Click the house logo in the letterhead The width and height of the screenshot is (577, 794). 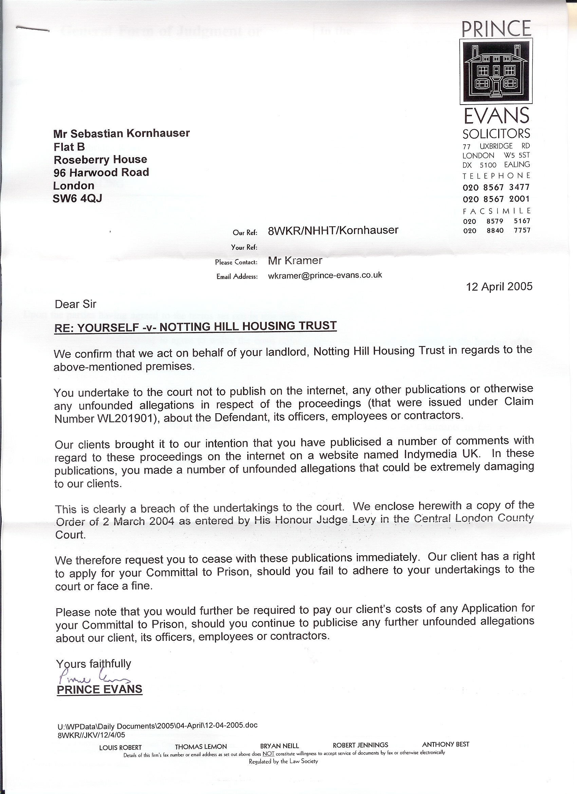[496, 71]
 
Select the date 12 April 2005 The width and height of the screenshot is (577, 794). [499, 287]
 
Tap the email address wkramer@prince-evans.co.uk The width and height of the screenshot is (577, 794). [325, 275]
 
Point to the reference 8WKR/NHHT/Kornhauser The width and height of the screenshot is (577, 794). [333, 230]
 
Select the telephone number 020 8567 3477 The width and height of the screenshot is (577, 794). [496, 187]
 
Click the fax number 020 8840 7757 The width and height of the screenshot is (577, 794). [497, 230]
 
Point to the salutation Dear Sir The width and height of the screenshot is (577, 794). [75, 304]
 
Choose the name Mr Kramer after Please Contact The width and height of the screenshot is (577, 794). [295, 260]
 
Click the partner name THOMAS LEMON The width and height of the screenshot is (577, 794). [201, 747]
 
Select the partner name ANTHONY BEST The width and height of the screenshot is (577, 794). [445, 744]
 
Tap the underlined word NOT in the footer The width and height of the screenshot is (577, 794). [268, 753]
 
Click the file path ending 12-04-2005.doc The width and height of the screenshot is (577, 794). [157, 725]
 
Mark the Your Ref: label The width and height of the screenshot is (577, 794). [244, 247]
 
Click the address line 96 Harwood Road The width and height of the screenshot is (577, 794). [101, 172]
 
